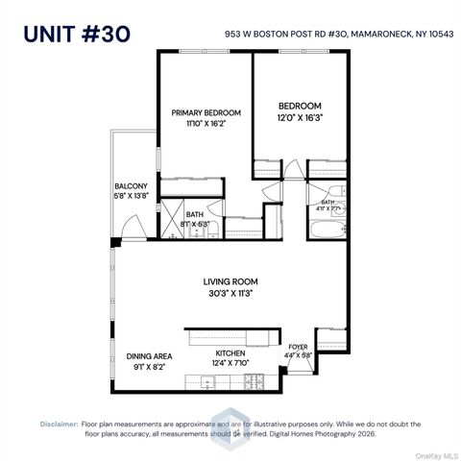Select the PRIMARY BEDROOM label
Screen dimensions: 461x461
pos(206,113)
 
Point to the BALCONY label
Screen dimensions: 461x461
pos(131,186)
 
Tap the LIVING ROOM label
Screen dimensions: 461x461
pos(230,281)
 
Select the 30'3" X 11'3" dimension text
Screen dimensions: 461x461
pos(230,294)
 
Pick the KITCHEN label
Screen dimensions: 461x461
pos(230,353)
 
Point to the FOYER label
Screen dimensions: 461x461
pos(298,348)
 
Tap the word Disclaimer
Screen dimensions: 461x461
pos(60,423)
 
